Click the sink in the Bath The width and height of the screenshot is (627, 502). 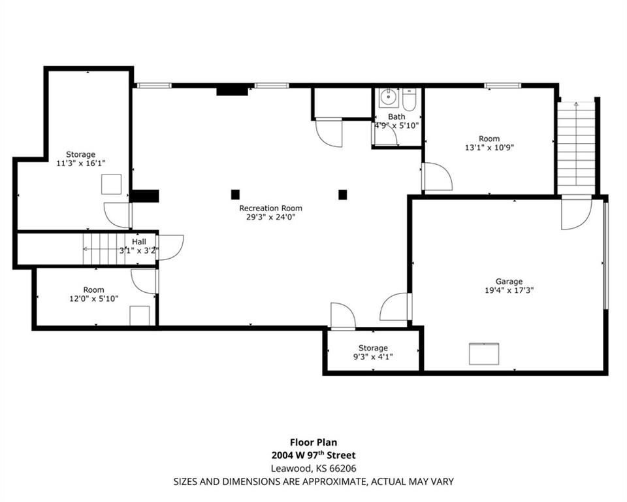(x=388, y=97)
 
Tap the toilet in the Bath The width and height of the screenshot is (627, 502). (x=410, y=99)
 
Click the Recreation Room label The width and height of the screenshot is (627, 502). (x=270, y=208)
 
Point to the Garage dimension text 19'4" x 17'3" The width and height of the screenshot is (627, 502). (x=509, y=290)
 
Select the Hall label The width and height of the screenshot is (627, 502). (x=139, y=242)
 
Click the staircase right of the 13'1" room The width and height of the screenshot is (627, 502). (x=576, y=143)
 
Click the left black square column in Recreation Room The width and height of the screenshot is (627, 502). (x=235, y=195)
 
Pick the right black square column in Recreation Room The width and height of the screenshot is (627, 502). (x=343, y=195)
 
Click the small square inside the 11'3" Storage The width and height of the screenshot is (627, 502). (x=111, y=184)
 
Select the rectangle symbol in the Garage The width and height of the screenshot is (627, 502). (x=484, y=354)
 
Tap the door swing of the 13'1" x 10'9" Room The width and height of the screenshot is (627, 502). (x=438, y=176)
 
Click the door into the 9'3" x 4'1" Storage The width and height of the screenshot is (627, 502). (x=343, y=316)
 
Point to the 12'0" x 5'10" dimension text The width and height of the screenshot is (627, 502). (x=94, y=298)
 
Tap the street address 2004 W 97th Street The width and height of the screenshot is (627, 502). (x=313, y=455)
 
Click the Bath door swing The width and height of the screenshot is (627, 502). (x=385, y=135)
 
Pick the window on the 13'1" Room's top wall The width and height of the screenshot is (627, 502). (x=503, y=85)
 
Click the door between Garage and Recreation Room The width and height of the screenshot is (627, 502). (x=395, y=307)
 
